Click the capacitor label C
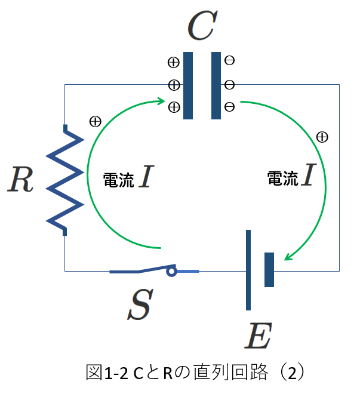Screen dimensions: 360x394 (x=202, y=25)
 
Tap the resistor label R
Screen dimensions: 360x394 (x=20, y=179)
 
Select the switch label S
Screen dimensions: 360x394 (x=140, y=304)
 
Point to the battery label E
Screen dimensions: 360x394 (x=259, y=335)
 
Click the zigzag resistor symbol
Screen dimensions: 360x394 (x=65, y=180)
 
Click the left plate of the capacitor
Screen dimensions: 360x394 (x=188, y=85)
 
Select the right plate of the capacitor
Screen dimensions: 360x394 (x=216, y=85)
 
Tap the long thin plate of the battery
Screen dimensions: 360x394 (x=248, y=270)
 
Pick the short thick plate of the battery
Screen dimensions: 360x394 (x=269, y=270)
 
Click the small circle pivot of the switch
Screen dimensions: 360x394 (x=171, y=272)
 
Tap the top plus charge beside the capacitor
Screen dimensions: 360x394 (x=174, y=62)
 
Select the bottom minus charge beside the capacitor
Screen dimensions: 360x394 (x=229, y=107)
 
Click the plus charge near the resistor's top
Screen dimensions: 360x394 (x=95, y=122)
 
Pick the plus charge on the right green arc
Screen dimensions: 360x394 (x=322, y=137)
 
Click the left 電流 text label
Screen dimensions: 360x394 (x=118, y=180)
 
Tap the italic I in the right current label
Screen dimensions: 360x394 (x=309, y=174)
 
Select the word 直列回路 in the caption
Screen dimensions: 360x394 (x=230, y=372)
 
